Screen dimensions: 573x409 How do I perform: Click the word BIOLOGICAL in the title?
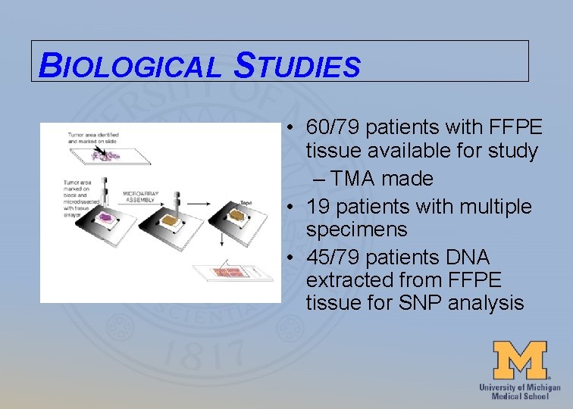(x=128, y=66)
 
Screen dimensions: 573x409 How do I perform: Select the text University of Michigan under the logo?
(x=520, y=387)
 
